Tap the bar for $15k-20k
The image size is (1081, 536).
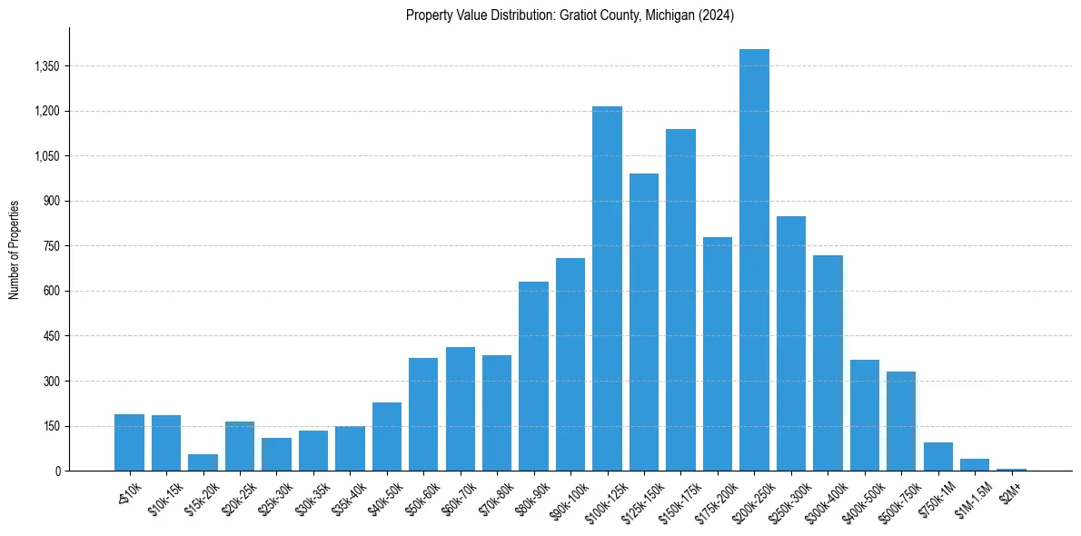(203, 462)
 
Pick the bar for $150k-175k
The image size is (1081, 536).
(680, 300)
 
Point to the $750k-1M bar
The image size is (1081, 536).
(937, 457)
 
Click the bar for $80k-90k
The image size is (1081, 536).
(533, 376)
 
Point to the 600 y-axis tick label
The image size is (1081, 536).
(52, 292)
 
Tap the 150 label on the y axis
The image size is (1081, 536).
(52, 426)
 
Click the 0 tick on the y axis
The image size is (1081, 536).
(57, 471)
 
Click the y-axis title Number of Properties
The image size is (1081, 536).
(15, 250)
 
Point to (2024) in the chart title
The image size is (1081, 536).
(717, 15)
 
